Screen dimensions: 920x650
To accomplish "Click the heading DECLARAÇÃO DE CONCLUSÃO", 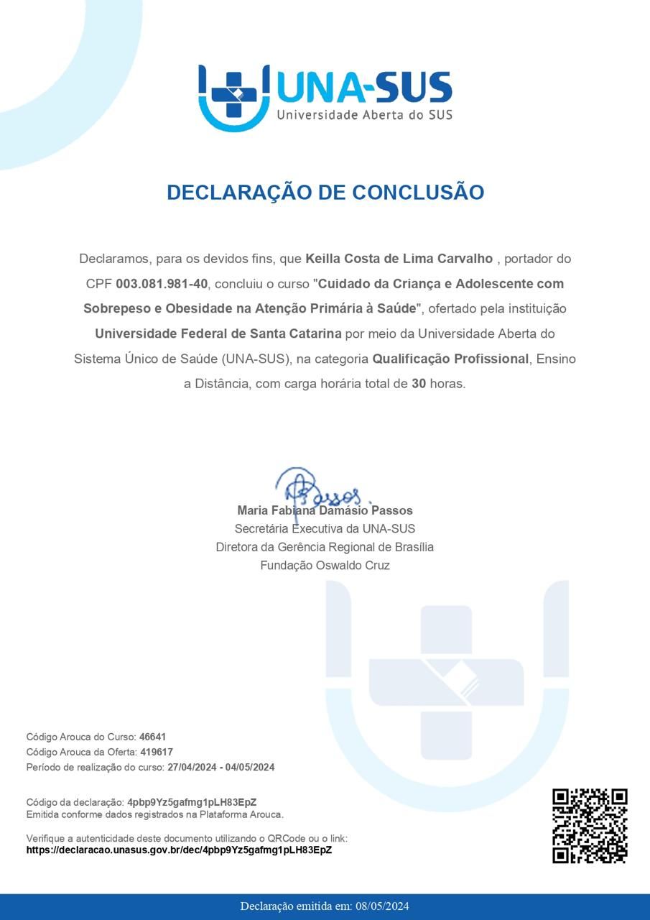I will pyautogui.click(x=325, y=193).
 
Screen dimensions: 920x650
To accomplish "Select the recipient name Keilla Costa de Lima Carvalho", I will pyautogui.click(x=399, y=259).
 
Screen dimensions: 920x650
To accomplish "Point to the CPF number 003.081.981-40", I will pyautogui.click(x=162, y=284).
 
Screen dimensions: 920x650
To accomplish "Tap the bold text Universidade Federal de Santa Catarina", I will pyautogui.click(x=218, y=333).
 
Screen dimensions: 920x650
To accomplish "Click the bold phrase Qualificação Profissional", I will pyautogui.click(x=450, y=359).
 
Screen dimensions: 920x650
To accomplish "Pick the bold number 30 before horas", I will pyautogui.click(x=419, y=384).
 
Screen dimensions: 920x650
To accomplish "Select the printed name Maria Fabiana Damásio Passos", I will pyautogui.click(x=325, y=510).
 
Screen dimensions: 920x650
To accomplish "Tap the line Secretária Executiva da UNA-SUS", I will pyautogui.click(x=325, y=529).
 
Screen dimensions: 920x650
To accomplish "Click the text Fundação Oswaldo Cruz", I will pyautogui.click(x=325, y=566).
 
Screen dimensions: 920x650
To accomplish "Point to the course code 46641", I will pyautogui.click(x=152, y=737).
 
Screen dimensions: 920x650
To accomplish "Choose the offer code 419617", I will pyautogui.click(x=156, y=752).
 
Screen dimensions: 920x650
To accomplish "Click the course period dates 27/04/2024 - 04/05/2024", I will pyautogui.click(x=220, y=767).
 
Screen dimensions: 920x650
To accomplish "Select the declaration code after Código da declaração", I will pyautogui.click(x=192, y=801).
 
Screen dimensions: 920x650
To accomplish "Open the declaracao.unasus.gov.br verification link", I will pyautogui.click(x=179, y=850).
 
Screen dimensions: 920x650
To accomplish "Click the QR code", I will pyautogui.click(x=590, y=826).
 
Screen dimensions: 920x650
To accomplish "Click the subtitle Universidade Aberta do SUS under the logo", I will pyautogui.click(x=364, y=114).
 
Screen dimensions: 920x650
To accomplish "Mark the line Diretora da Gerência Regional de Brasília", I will pyautogui.click(x=325, y=547).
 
